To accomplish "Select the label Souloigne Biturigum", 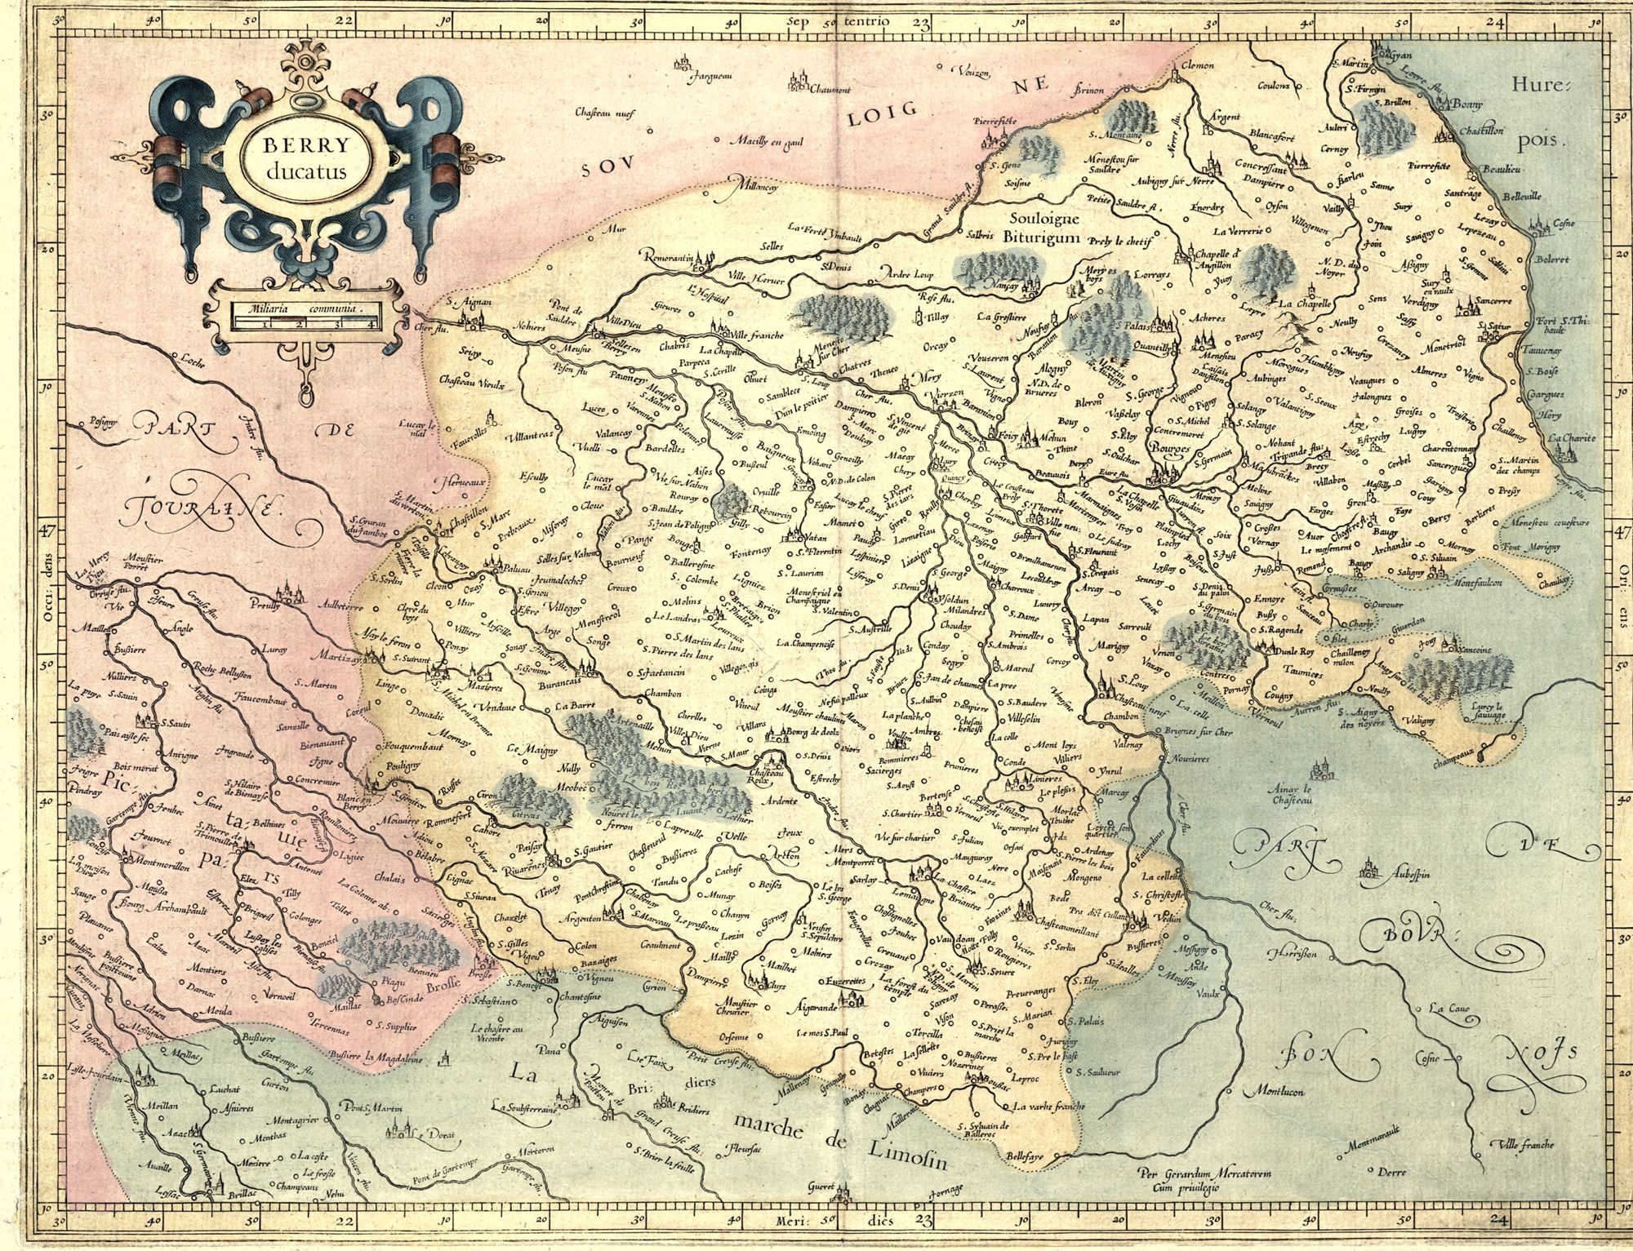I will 1045,228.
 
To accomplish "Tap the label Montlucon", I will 1274,1091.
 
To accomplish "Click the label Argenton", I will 579,918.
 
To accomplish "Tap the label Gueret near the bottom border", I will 821,1187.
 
